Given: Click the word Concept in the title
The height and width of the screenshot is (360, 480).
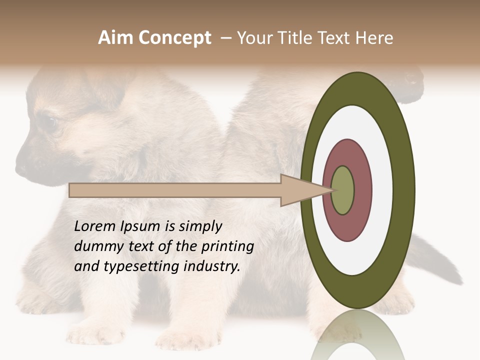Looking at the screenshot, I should click(x=175, y=38).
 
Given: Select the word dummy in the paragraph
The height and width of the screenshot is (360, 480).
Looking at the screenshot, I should click(x=96, y=246).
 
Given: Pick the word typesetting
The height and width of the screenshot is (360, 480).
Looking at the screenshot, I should click(x=141, y=267).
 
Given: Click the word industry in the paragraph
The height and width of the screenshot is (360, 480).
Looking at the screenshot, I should click(x=212, y=266).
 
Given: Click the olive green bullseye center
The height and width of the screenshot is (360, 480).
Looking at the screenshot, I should click(x=342, y=190).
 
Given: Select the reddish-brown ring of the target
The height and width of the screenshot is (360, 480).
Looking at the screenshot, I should click(x=361, y=190).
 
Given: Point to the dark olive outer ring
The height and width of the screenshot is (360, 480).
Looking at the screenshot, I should click(x=404, y=190).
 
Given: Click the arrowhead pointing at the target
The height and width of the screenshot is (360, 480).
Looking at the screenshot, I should click(x=300, y=190).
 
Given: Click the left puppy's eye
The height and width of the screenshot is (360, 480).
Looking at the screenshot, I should click(x=49, y=121).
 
